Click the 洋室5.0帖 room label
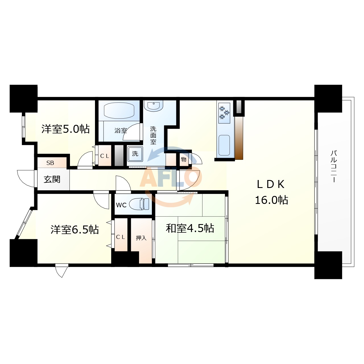[x=65, y=129]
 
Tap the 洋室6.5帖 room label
[x=75, y=230]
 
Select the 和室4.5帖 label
[x=190, y=228]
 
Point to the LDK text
[x=270, y=184]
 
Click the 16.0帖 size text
[x=272, y=200]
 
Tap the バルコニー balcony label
[x=334, y=166]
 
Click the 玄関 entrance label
[x=52, y=179]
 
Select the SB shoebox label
[x=50, y=163]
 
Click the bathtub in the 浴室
[x=119, y=111]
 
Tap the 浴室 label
[x=121, y=130]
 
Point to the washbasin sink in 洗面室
[x=154, y=106]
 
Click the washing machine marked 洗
[x=135, y=154]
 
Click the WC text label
[x=121, y=205]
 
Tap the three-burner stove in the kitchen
[x=224, y=113]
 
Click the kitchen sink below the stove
[x=224, y=145]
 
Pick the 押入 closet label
[x=141, y=238]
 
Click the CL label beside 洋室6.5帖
[x=121, y=237]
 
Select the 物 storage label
[x=184, y=160]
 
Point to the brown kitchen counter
[x=239, y=138]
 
